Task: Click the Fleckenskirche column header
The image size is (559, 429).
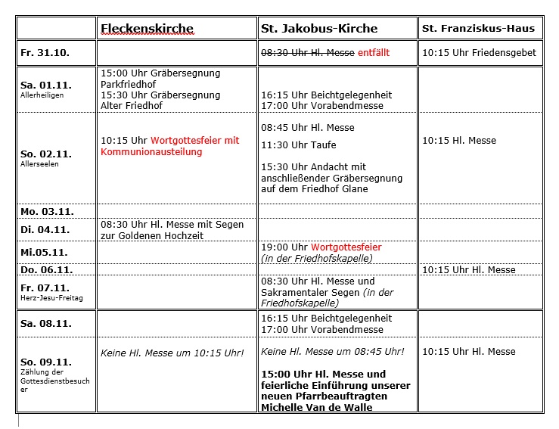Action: (x=147, y=29)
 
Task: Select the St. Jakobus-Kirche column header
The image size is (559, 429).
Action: (x=318, y=29)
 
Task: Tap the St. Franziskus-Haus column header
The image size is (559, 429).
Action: (x=478, y=29)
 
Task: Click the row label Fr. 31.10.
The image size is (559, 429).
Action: (x=45, y=53)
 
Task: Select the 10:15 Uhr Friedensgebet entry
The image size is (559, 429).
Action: (x=479, y=53)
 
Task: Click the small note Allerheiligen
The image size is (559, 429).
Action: (x=42, y=96)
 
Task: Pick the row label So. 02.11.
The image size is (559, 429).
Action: (x=46, y=154)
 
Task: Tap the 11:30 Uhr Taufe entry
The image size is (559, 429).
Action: (x=299, y=145)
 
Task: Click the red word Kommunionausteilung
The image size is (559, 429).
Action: (x=151, y=151)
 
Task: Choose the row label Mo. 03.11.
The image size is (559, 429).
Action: (x=47, y=211)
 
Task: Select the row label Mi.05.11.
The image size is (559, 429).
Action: (x=44, y=252)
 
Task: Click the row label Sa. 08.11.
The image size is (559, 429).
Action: (x=45, y=323)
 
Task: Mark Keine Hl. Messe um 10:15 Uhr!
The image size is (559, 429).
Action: (x=172, y=353)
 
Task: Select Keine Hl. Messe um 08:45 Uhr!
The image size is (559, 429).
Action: (x=333, y=351)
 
